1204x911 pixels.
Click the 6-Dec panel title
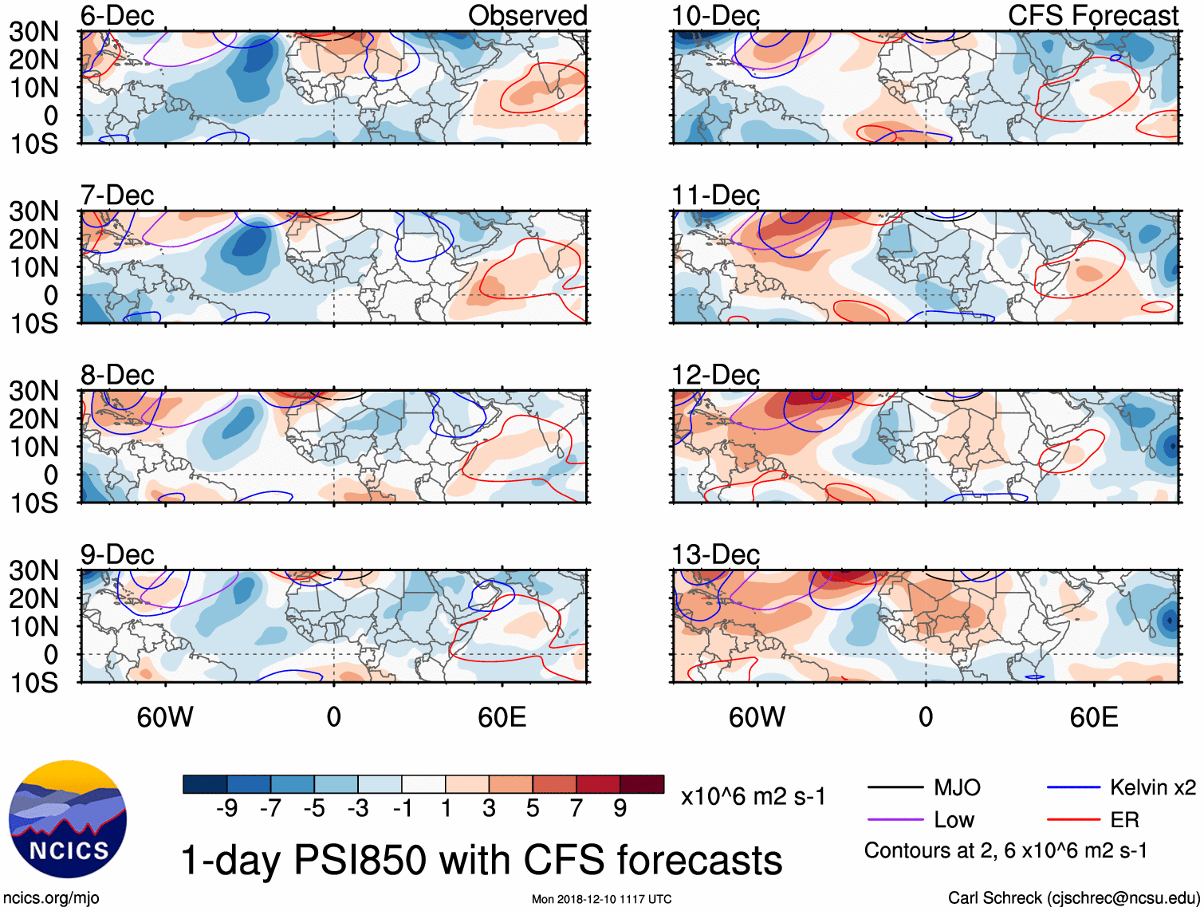pyautogui.click(x=117, y=16)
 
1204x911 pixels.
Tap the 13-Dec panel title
pyautogui.click(x=715, y=554)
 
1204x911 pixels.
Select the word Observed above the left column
pyautogui.click(x=527, y=16)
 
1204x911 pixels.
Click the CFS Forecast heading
pyautogui.click(x=1092, y=16)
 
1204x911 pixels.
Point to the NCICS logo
pyautogui.click(x=68, y=819)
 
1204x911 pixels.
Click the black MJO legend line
pyautogui.click(x=895, y=788)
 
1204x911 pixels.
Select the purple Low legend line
pyautogui.click(x=895, y=820)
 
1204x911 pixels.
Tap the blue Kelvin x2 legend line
pyautogui.click(x=1073, y=788)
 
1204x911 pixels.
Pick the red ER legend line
pyautogui.click(x=1073, y=820)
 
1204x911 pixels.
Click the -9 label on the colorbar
pyautogui.click(x=226, y=809)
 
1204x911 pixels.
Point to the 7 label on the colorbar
pyautogui.click(x=576, y=809)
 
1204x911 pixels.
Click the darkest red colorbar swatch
pyautogui.click(x=642, y=784)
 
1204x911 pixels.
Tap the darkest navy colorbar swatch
pyautogui.click(x=205, y=784)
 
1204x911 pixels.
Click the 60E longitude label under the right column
pyautogui.click(x=1093, y=717)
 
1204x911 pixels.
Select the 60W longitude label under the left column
pyautogui.click(x=165, y=717)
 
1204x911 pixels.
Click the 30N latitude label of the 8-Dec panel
pyautogui.click(x=33, y=391)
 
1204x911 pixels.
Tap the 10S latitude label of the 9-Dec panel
pyautogui.click(x=33, y=683)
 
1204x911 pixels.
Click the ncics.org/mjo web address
pyautogui.click(x=51, y=898)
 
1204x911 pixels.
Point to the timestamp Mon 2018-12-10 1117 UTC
pyautogui.click(x=601, y=899)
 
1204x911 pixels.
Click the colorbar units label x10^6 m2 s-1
pyautogui.click(x=753, y=796)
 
